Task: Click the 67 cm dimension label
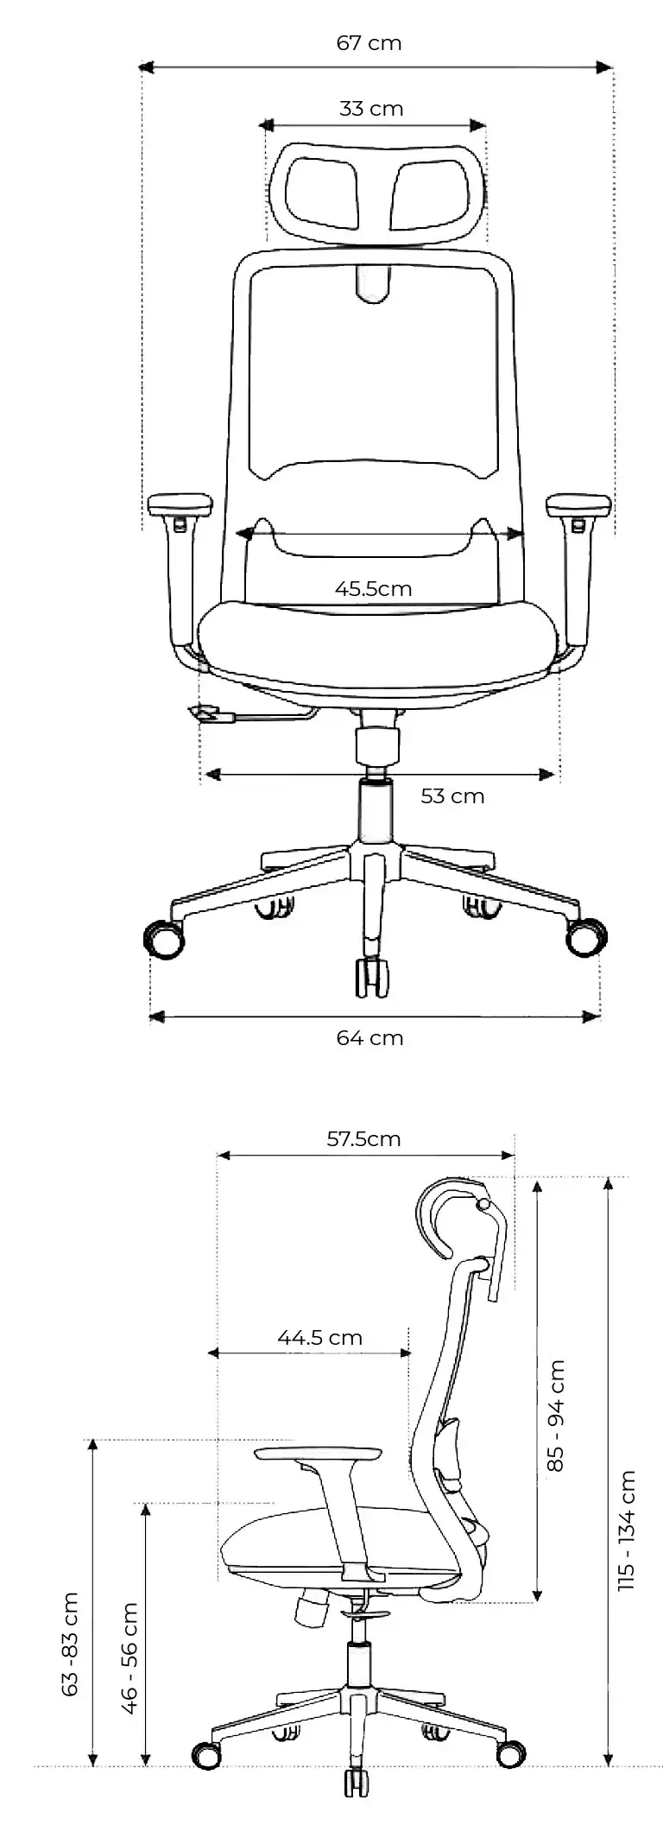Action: [369, 43]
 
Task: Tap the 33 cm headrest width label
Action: [371, 109]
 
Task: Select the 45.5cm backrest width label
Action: [373, 589]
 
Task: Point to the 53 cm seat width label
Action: [452, 795]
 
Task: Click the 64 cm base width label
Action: [369, 1037]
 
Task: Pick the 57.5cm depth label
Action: [363, 1138]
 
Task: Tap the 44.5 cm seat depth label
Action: [319, 1337]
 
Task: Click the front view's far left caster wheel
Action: [164, 938]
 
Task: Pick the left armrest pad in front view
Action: [180, 503]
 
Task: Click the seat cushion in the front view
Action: [377, 640]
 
